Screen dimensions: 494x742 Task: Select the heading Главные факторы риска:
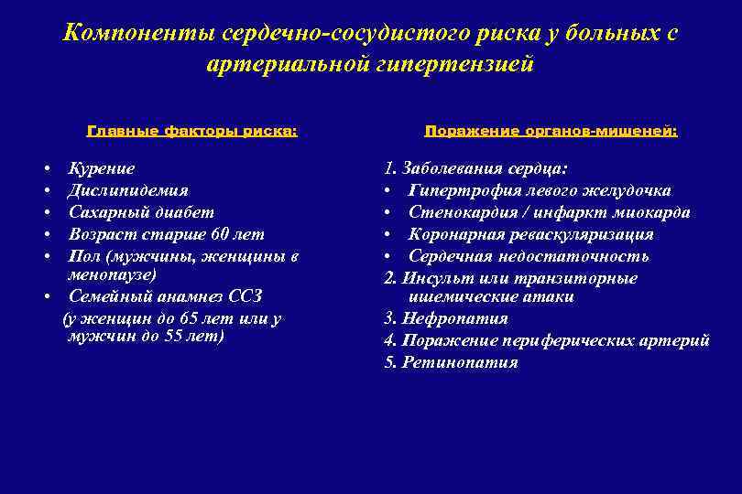pos(192,131)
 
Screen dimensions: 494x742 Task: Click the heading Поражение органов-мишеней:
pos(551,131)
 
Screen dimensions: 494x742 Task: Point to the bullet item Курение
pos(102,169)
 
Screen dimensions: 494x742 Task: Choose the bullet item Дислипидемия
pos(128,190)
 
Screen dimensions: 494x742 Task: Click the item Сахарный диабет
pos(141,212)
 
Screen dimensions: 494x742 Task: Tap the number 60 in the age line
pos(220,234)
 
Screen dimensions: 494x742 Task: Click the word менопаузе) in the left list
pos(112,274)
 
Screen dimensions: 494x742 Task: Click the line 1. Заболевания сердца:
pos(475,169)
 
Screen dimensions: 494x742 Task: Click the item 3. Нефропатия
pos(445,318)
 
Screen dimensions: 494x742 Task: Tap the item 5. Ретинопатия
pos(451,362)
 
